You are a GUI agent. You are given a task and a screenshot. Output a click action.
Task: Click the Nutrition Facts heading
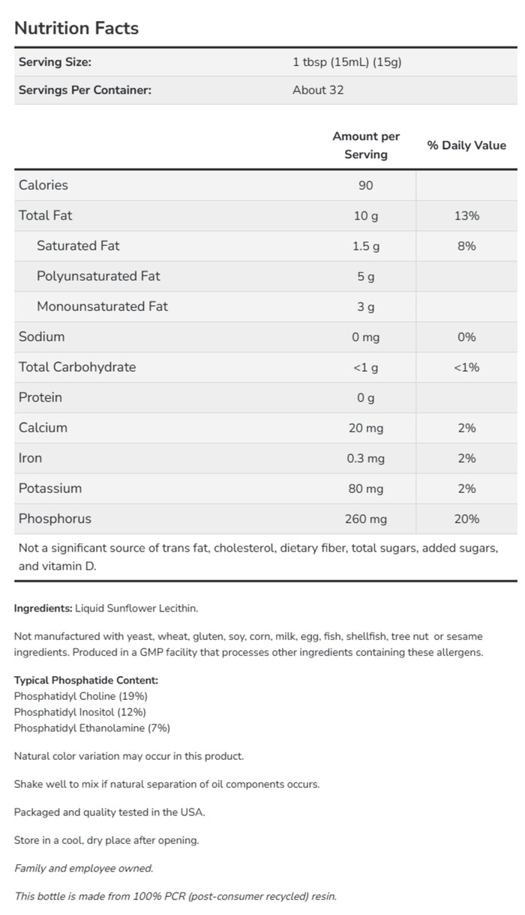[x=76, y=28]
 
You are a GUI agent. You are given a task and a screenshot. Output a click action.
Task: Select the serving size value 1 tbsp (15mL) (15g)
[x=347, y=62]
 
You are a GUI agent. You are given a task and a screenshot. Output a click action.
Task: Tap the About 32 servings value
[x=318, y=90]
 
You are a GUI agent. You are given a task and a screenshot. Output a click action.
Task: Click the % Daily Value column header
[x=466, y=145]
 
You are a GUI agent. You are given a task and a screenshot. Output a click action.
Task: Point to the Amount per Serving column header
[x=366, y=145]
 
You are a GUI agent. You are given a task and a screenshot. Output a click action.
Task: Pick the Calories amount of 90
[x=365, y=185]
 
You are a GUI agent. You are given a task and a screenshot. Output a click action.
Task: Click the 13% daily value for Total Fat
[x=466, y=216]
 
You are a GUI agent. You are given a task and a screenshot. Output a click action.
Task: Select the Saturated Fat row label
[x=78, y=246]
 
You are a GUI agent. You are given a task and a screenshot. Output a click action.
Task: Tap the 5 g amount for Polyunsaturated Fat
[x=365, y=277]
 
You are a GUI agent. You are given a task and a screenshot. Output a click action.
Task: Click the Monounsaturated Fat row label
[x=102, y=306]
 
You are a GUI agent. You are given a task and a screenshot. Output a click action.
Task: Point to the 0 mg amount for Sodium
[x=365, y=337]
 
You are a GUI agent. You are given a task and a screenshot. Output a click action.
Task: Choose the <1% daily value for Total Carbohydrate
[x=466, y=367]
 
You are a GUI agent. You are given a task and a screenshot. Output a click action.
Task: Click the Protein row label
[x=40, y=397]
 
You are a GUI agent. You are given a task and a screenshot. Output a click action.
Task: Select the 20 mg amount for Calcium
[x=365, y=428]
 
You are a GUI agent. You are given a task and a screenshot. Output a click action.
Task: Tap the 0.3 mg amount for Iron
[x=365, y=459]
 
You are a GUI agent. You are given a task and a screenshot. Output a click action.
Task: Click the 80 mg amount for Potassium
[x=365, y=489]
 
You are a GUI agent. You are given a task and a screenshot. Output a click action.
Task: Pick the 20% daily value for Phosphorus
[x=466, y=519]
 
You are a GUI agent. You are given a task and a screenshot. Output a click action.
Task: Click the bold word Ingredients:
[x=43, y=609]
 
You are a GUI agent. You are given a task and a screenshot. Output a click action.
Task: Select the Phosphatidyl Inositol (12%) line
[x=80, y=712]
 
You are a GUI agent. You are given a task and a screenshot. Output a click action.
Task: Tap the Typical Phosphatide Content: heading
[x=86, y=680]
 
